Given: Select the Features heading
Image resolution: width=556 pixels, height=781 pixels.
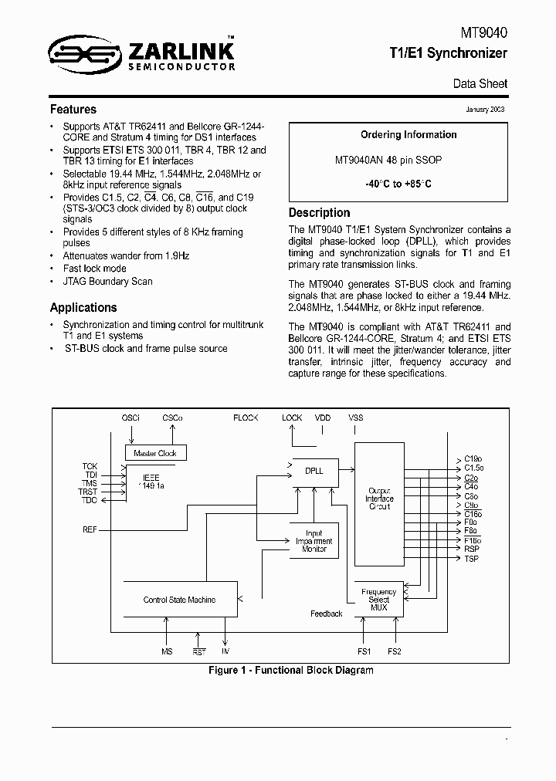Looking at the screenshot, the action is point(73,110).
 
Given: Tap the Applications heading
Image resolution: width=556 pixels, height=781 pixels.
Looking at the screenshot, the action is point(83,306).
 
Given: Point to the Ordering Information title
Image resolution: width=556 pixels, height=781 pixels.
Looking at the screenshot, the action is point(409,134).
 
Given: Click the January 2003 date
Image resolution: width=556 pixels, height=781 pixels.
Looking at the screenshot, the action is point(486,110).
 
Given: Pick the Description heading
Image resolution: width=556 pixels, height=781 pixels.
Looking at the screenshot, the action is point(319,212).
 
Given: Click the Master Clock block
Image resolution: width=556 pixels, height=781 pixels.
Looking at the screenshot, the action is point(155,454).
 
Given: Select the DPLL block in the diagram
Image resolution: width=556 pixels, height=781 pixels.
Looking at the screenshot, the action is point(314,470).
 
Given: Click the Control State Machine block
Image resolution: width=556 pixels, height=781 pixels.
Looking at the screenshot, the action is point(179,600).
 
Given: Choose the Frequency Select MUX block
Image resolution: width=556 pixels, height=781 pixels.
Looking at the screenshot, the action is point(378,600).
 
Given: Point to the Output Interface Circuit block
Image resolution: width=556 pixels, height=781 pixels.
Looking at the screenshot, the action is point(379,499).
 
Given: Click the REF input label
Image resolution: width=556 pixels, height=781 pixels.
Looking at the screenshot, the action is point(90,529).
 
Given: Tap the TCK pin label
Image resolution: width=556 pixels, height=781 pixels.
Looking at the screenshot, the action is point(90,466).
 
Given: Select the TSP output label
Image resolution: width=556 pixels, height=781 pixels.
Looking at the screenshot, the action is point(471,558).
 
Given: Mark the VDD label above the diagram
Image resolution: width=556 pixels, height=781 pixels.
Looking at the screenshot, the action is point(322,418).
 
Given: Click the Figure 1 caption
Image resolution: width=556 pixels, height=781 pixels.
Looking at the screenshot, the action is point(291,670).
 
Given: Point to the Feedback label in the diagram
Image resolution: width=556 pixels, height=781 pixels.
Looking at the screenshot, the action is point(326,614).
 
